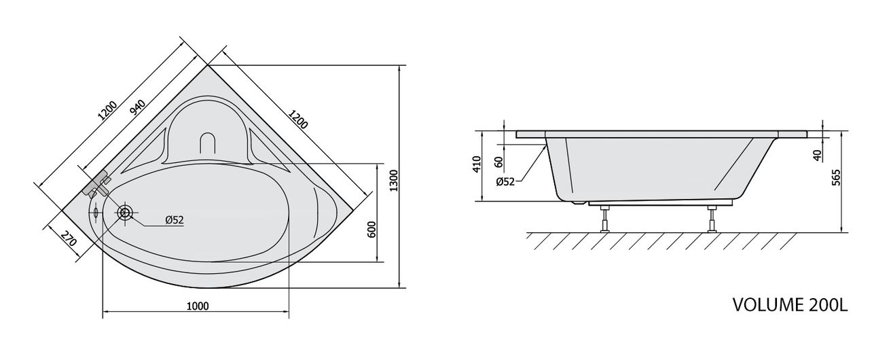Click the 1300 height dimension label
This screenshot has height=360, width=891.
coord(393,180)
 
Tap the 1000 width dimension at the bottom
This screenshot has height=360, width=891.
coord(198,306)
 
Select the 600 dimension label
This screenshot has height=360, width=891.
coord(371,230)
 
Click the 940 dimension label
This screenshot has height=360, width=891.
coord(138,107)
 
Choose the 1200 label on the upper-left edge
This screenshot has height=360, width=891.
coord(107,111)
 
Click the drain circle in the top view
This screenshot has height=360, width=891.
coord(125,213)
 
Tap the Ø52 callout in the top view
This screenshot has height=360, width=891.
coord(175,220)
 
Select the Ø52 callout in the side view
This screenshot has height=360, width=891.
coord(505,182)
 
